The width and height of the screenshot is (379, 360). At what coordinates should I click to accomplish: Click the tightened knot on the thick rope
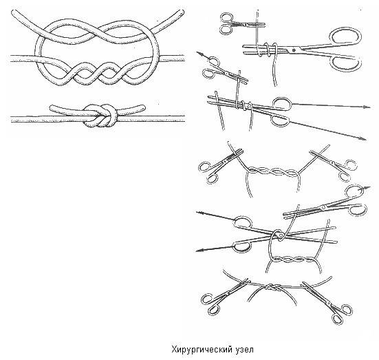100,116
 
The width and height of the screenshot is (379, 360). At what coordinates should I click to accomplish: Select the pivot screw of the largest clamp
294,50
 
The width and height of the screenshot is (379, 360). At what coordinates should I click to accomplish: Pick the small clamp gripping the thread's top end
241,24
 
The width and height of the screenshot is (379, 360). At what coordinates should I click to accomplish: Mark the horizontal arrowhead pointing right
367,107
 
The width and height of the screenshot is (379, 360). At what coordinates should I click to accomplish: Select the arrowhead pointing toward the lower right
363,138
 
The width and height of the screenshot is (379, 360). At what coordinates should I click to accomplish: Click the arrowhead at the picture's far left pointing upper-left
199,54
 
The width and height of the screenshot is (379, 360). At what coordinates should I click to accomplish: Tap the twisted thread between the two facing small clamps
273,171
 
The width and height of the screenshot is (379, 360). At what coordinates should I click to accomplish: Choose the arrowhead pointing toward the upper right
367,188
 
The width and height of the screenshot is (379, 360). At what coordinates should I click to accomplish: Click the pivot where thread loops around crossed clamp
280,234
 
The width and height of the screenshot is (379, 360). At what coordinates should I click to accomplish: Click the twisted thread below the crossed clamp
294,260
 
